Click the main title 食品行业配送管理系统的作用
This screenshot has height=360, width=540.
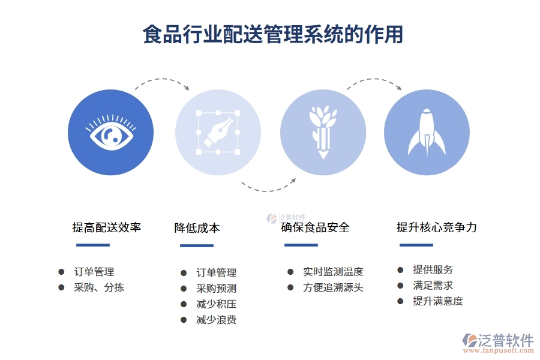coord(273,34)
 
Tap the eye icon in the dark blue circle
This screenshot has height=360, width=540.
coord(110,133)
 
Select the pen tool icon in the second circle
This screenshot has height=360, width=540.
coord(218,132)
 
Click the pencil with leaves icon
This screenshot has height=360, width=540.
coord(323,132)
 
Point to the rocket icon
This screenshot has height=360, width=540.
coord(426,133)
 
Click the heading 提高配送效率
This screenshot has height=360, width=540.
coord(107,227)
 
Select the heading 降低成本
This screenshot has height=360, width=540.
coord(197,228)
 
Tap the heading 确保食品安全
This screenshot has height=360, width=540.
coord(315,227)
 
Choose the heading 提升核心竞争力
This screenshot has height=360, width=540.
coord(437,227)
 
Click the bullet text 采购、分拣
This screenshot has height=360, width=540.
coord(99,287)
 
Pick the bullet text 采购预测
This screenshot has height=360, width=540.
coord(216,289)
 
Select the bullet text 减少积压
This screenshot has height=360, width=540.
coord(216,304)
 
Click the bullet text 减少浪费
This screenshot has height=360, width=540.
coord(216,320)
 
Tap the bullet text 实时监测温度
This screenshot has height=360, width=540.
coord(333,272)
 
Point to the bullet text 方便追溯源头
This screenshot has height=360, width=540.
coord(333,287)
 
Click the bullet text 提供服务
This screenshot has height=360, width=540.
coord(433,270)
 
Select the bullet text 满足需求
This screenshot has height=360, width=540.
coord(433,286)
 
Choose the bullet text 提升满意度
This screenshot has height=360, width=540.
coord(438,301)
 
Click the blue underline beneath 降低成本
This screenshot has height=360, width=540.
coord(197,245)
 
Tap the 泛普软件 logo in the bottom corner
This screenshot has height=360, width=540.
coord(498,341)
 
